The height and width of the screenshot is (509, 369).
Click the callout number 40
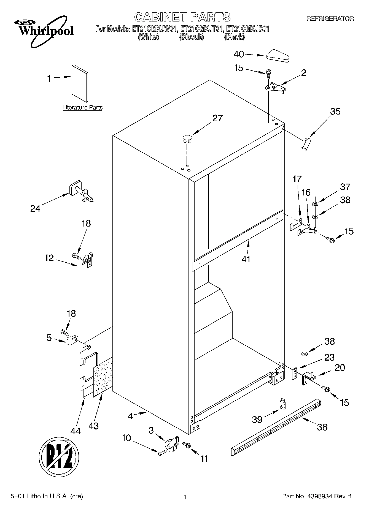tap(239, 54)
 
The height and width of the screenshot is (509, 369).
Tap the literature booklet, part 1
tap(80, 83)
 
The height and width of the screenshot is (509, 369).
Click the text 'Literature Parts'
tap(82, 108)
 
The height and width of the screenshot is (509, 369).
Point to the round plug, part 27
tap(187, 138)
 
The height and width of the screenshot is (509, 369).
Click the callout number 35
tap(335, 111)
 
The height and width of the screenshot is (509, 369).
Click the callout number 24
tap(35, 209)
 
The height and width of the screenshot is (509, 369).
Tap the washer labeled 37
tap(315, 204)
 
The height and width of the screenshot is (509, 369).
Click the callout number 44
tap(76, 431)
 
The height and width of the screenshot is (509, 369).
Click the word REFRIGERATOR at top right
tap(330, 19)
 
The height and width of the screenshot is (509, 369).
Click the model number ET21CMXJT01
tap(201, 29)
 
